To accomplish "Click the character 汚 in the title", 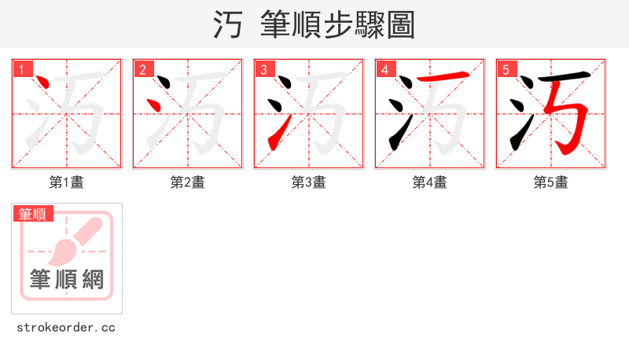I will [x=228, y=25].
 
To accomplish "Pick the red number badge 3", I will [x=264, y=69].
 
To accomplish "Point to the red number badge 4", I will [x=385, y=69].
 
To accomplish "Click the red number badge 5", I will [x=506, y=69].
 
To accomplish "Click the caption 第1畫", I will [x=67, y=182].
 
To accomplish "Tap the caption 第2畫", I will [x=188, y=182].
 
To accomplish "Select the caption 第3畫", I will [x=309, y=182].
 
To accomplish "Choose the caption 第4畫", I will [x=430, y=182].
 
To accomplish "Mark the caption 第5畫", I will [x=551, y=182].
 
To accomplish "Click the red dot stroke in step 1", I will [x=45, y=83].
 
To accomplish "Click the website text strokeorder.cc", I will [x=66, y=327].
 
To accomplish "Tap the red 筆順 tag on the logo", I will [x=32, y=214].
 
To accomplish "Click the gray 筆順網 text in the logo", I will [x=67, y=279].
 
